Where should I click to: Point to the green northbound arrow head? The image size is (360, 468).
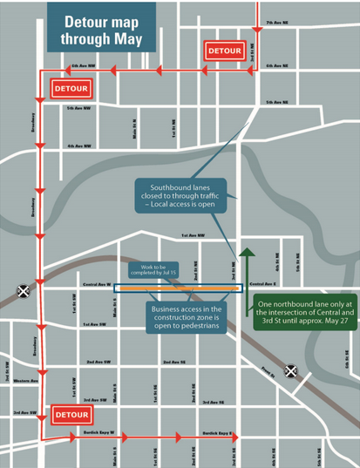[248, 254]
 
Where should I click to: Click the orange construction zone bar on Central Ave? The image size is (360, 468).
[183, 287]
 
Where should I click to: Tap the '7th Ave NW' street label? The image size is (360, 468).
[276, 21]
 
